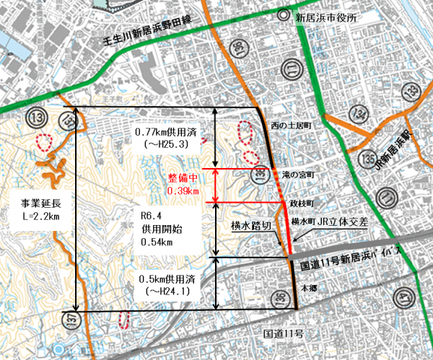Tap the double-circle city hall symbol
click(302, 17)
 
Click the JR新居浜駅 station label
click(393, 145)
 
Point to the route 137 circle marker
click(70, 320)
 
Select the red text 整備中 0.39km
click(183, 184)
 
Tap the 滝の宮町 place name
click(294, 175)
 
